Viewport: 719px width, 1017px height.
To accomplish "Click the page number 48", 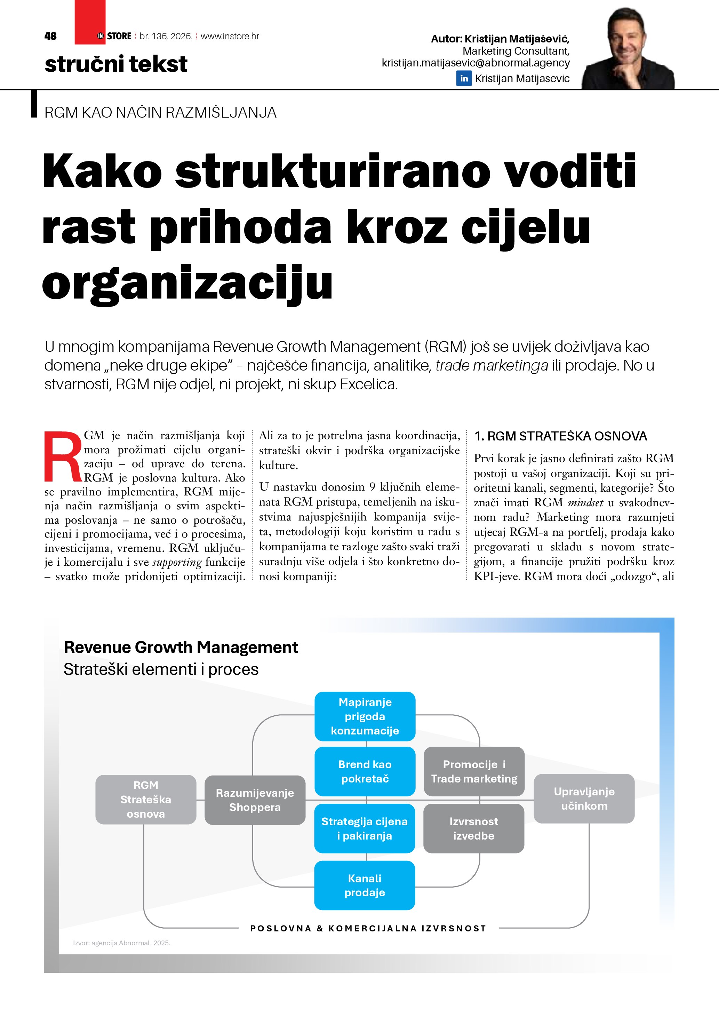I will (x=50, y=36).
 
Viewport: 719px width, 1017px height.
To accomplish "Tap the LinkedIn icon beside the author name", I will (x=464, y=78).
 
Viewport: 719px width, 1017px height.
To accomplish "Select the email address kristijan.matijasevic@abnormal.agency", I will (x=476, y=63).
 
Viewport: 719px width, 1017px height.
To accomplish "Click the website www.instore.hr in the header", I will (x=230, y=36).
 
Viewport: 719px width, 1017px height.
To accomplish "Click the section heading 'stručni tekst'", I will (x=116, y=64).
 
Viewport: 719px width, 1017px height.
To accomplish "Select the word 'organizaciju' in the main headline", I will (x=187, y=283).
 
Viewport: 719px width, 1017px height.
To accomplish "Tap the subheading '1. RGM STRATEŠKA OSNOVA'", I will (x=560, y=436).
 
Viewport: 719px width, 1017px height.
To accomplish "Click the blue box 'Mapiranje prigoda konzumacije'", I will (x=365, y=716).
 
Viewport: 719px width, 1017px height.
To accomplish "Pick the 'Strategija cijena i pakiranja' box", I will (x=365, y=828).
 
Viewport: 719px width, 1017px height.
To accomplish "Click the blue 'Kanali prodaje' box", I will (x=365, y=885).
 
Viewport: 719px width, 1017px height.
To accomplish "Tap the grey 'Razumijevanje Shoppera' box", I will (x=255, y=800).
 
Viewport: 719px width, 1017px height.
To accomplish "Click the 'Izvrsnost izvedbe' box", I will (x=474, y=828).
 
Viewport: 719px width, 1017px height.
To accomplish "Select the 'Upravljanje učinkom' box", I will (x=584, y=798).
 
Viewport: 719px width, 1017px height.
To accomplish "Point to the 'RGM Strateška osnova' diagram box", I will (x=146, y=800).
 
